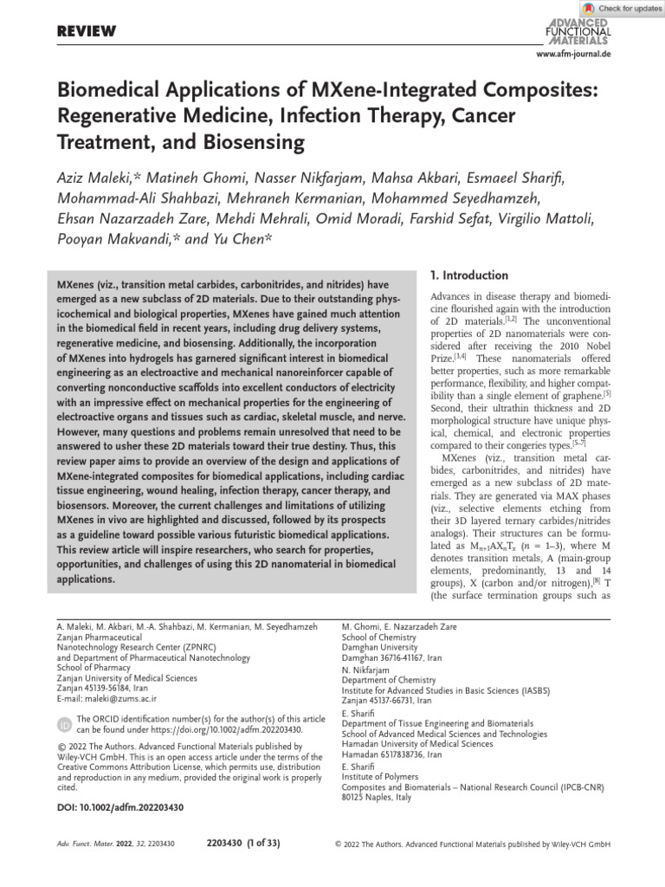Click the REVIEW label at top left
coord(86,32)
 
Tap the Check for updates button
coord(622,8)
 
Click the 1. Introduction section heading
coord(468,275)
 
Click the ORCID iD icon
coord(64,724)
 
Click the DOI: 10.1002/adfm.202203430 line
coord(119,807)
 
